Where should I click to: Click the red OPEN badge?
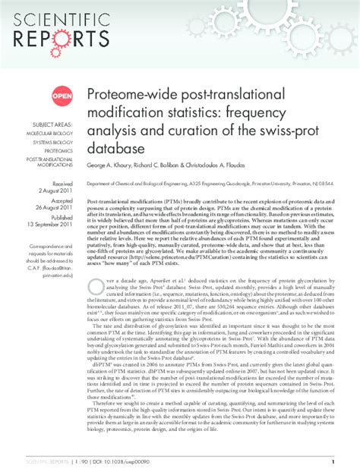point(62,96)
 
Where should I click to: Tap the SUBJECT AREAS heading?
point(52,124)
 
